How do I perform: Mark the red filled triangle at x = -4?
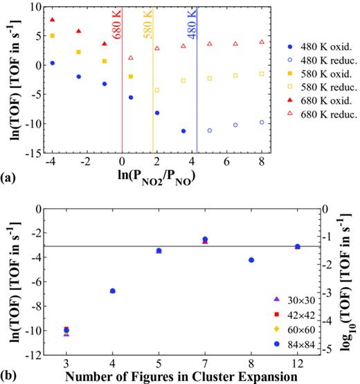click(x=53, y=20)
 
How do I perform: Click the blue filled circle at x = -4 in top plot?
click(x=53, y=63)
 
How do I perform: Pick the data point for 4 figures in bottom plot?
click(x=113, y=291)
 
